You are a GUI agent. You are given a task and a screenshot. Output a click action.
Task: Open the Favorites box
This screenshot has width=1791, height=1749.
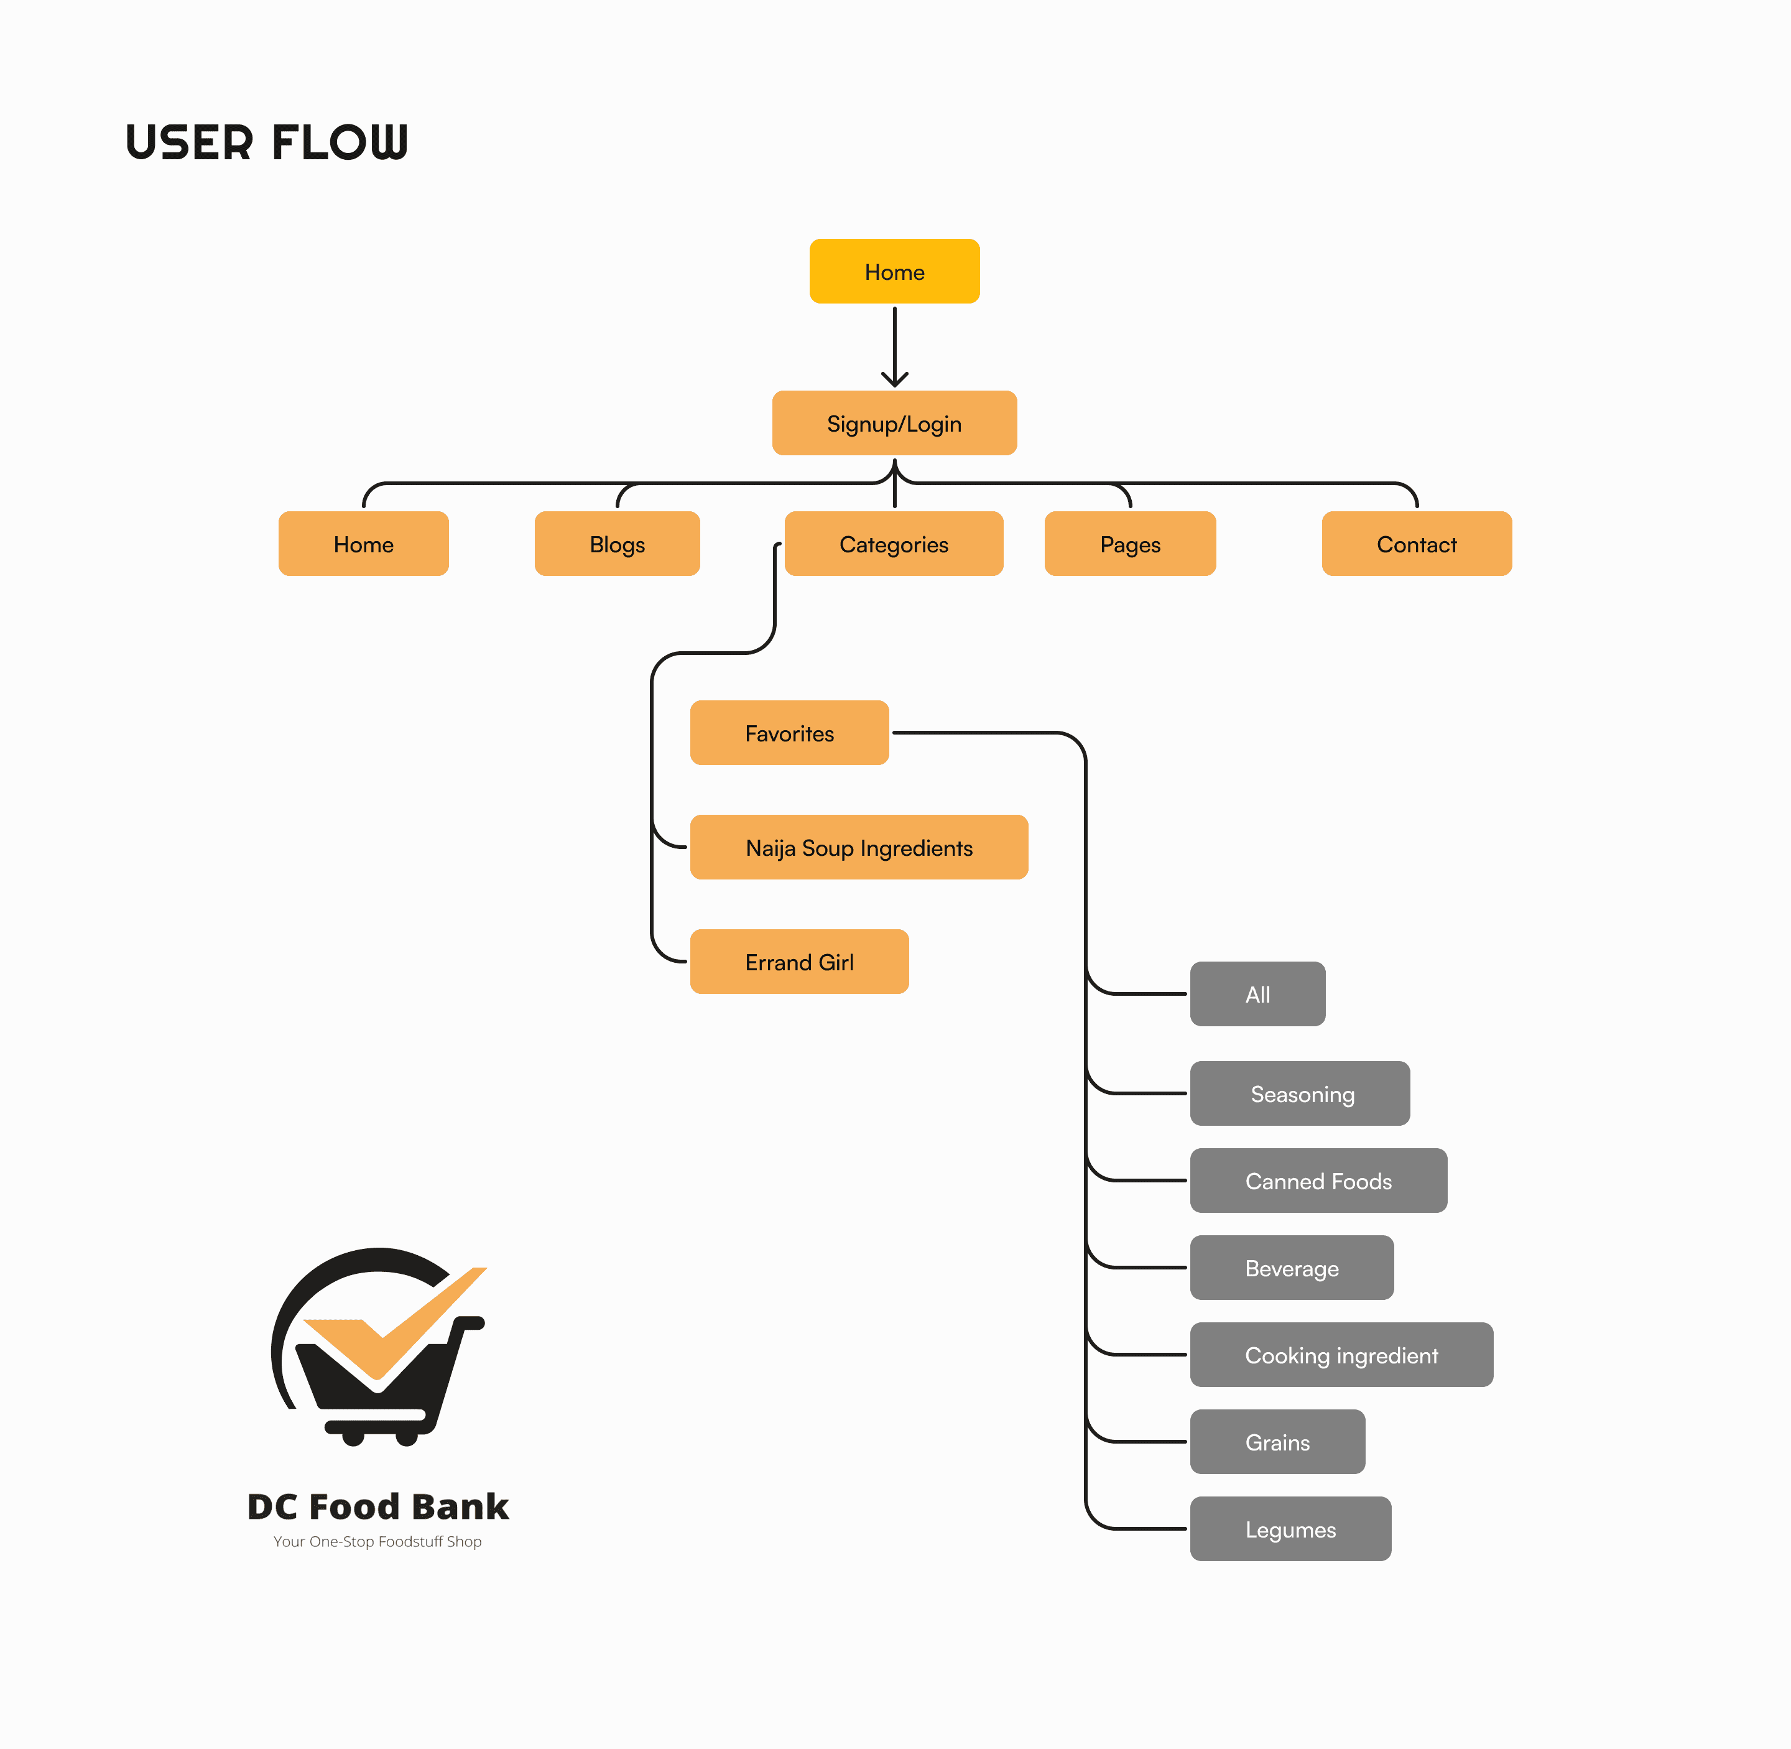[x=789, y=733]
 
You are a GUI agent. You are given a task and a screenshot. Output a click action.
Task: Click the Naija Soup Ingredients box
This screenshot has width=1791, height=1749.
[x=859, y=847]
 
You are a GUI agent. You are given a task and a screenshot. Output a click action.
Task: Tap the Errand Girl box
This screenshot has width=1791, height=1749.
[x=799, y=962]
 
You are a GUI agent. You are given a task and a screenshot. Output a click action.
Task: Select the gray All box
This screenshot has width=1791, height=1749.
[x=1257, y=994]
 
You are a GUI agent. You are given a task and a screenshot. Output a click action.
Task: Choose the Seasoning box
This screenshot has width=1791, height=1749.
[x=1300, y=1093]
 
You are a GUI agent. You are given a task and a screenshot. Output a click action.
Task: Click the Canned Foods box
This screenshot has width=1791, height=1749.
[x=1318, y=1181]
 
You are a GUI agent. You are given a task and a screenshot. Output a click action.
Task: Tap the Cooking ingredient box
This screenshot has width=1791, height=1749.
[x=1341, y=1355]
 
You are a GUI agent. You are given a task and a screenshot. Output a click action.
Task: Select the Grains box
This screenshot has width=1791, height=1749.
[x=1277, y=1442]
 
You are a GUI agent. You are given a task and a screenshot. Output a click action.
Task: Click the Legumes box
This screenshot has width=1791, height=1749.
[x=1290, y=1529]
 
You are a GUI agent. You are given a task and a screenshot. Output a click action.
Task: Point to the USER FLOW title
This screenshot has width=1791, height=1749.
[x=266, y=142]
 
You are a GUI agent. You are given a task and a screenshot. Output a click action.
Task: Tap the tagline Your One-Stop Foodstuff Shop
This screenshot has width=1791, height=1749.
[x=377, y=1541]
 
